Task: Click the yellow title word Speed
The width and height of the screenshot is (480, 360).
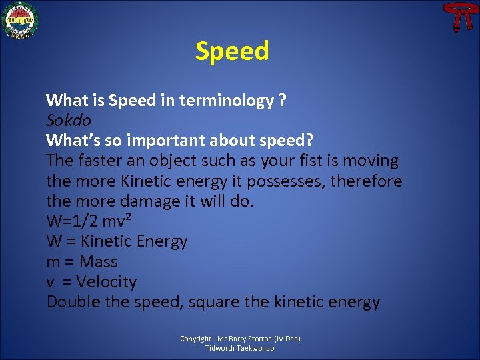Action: click(232, 51)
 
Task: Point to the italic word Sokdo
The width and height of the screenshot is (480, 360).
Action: click(68, 121)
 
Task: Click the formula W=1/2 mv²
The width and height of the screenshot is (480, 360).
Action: click(93, 221)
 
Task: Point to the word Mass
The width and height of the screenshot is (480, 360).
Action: click(98, 262)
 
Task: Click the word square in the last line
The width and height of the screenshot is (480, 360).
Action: click(212, 302)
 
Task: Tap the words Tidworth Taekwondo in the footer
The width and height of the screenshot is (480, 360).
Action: click(240, 348)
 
